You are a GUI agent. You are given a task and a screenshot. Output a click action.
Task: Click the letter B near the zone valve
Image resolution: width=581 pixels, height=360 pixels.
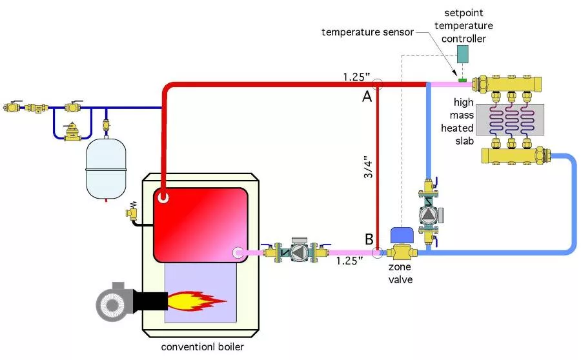pyautogui.click(x=369, y=239)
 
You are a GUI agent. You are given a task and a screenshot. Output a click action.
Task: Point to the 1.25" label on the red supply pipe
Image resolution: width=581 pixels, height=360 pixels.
pyautogui.click(x=356, y=75)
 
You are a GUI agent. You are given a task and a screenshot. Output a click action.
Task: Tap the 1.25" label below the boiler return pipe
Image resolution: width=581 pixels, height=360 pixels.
pyautogui.click(x=349, y=261)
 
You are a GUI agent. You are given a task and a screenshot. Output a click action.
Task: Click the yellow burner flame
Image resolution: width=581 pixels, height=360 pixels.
pyautogui.click(x=196, y=299)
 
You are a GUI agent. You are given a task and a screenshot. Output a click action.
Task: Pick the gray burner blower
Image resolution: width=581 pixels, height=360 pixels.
pyautogui.click(x=114, y=301)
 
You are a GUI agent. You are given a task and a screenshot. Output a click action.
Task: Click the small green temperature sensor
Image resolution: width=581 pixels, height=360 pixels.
pyautogui.click(x=462, y=80)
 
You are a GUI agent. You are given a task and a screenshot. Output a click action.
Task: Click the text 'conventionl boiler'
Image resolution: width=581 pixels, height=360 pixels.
pyautogui.click(x=203, y=347)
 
